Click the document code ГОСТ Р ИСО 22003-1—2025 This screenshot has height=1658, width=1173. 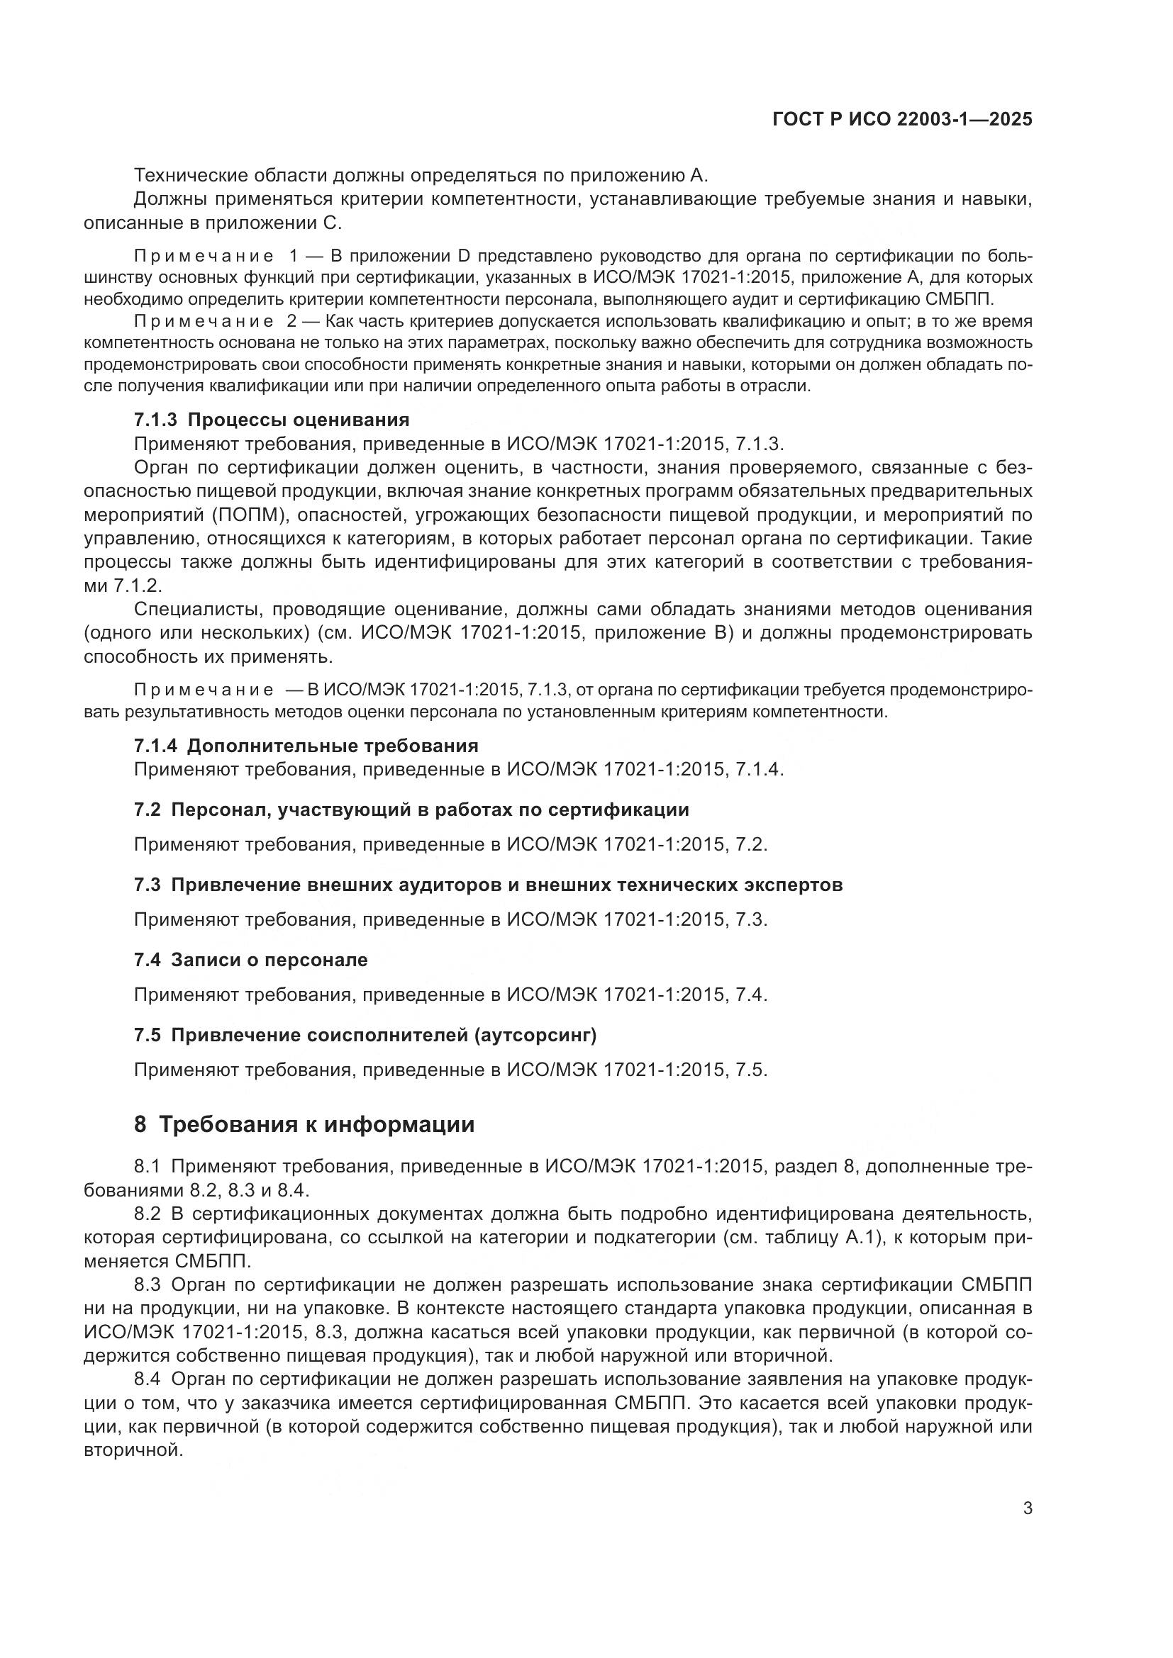click(902, 119)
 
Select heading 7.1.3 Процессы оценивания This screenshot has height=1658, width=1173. click(272, 420)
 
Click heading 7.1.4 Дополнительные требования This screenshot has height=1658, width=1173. click(306, 745)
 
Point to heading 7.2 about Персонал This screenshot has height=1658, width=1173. click(411, 810)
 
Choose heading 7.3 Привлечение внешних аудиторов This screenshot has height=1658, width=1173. click(488, 885)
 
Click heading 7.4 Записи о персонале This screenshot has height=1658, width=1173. click(250, 960)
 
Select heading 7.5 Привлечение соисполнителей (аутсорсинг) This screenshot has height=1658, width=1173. click(365, 1035)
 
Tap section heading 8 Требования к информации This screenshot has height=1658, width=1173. click(304, 1124)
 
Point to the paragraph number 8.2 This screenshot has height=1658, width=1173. click(149, 1214)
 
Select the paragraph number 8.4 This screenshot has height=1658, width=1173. click(149, 1379)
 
